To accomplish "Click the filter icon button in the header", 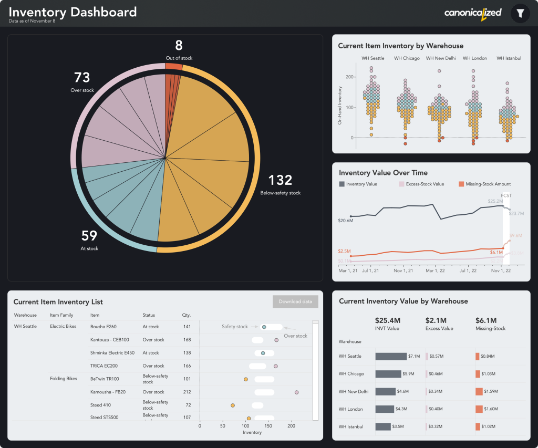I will click(520, 14).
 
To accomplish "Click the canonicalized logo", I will click(473, 13).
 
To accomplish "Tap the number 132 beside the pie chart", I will click(280, 181).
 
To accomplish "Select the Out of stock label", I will click(179, 58).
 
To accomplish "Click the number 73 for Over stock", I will click(82, 78).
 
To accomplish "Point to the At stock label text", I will click(89, 248).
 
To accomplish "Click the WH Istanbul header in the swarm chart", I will click(509, 58).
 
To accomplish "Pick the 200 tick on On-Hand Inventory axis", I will click(347, 77).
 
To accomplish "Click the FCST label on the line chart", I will click(506, 195).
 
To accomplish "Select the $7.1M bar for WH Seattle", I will click(391, 356).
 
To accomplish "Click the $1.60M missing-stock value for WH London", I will click(490, 409).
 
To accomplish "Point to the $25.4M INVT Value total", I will click(388, 320).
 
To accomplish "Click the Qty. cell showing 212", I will click(187, 392).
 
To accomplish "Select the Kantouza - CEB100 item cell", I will click(109, 340).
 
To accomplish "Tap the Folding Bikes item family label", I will click(64, 379).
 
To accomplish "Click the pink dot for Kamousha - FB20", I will click(296, 392).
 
